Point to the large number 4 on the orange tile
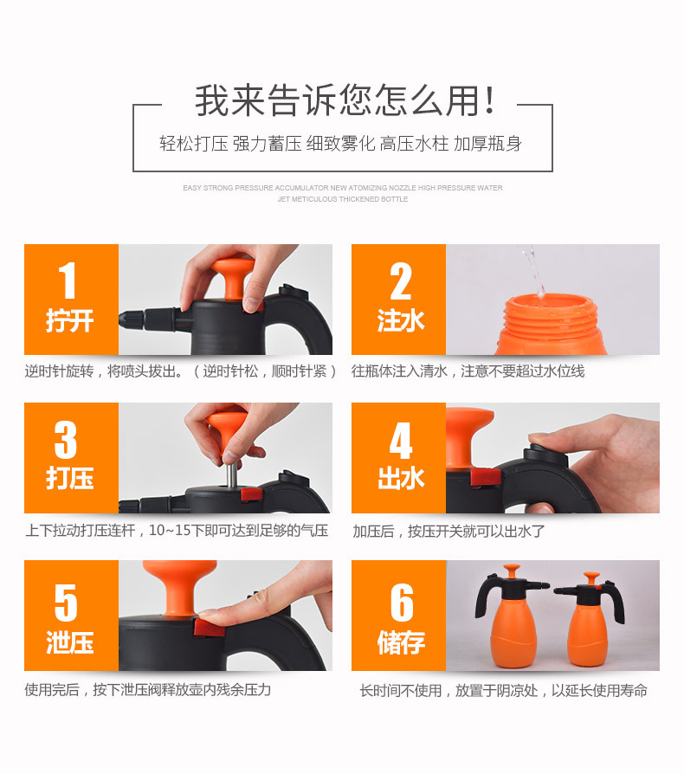[400, 439]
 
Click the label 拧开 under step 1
[70, 321]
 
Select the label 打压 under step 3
[70, 479]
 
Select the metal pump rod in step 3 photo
[232, 474]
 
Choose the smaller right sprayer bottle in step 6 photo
[591, 628]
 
